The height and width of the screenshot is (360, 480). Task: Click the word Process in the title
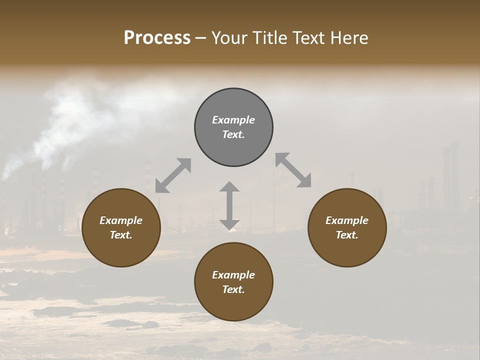pos(157,38)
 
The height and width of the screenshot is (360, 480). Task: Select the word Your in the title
pos(230,38)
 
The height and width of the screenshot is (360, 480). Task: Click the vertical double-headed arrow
pos(229,205)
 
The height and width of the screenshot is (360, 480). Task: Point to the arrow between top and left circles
pos(173,175)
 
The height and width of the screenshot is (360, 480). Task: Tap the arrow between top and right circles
pos(293,170)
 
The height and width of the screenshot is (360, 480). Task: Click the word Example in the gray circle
pos(233,120)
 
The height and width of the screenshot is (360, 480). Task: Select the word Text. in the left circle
pos(121,235)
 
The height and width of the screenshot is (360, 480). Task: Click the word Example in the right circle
pos(347,220)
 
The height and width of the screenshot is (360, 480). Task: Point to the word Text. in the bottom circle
pos(233,289)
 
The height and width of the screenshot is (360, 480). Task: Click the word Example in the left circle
pos(121,220)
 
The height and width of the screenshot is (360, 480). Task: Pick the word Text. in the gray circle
pos(233,134)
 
